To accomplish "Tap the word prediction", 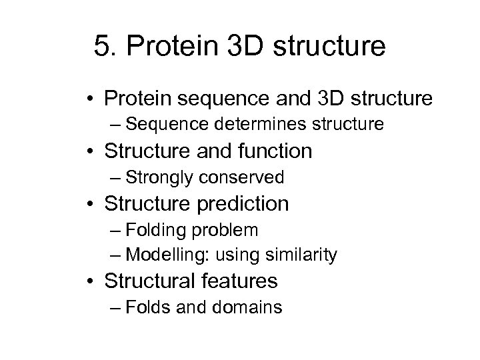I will click(x=241, y=203).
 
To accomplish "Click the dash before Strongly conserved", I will click(x=117, y=177).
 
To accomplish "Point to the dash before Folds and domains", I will click(x=117, y=307).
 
